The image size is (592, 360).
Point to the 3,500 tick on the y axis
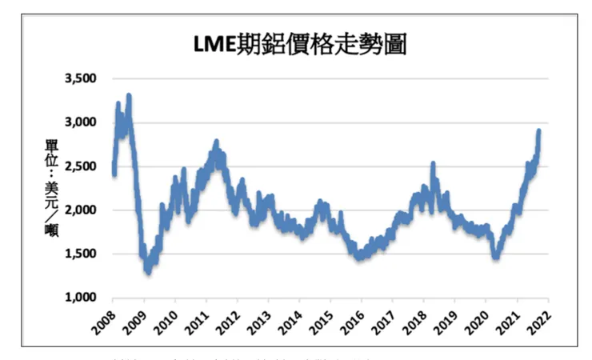click(79, 78)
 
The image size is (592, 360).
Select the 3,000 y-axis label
click(79, 122)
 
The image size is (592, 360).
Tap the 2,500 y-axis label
click(79, 166)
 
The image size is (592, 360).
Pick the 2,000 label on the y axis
click(79, 210)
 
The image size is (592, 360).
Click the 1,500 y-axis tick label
click(79, 254)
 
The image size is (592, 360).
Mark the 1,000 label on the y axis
click(79, 298)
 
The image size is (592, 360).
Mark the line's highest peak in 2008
click(129, 96)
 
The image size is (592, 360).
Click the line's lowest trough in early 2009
click(148, 271)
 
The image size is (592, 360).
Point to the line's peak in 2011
click(216, 142)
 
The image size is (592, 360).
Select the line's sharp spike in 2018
click(433, 165)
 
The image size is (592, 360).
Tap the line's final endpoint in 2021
click(538, 130)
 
